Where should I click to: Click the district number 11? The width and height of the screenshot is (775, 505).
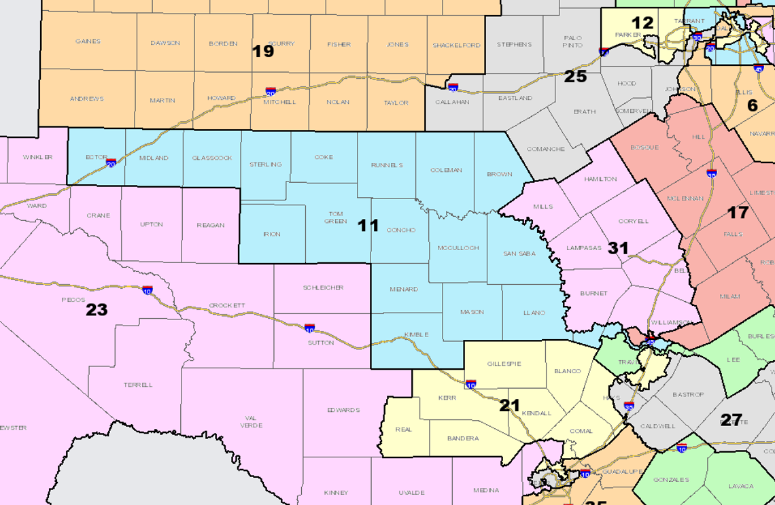(x=368, y=226)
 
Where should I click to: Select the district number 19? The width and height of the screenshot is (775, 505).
(x=263, y=51)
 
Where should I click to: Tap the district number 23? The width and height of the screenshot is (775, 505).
(x=97, y=310)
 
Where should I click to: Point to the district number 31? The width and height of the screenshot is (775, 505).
(x=618, y=248)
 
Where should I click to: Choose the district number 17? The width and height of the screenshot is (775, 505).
(x=738, y=212)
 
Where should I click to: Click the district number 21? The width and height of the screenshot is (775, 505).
(x=510, y=406)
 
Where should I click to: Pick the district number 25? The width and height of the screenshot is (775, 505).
(x=575, y=76)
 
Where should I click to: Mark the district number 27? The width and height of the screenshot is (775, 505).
(x=731, y=420)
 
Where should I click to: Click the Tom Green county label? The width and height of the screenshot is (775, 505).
(x=335, y=216)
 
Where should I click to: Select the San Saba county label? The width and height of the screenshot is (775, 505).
(x=520, y=254)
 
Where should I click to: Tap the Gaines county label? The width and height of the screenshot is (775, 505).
(x=88, y=41)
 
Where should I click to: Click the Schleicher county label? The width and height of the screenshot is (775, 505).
(x=323, y=288)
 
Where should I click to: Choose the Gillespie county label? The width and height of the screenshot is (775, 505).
(x=504, y=364)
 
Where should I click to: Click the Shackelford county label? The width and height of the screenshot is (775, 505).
(x=456, y=46)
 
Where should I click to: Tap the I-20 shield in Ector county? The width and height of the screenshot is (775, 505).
(x=111, y=162)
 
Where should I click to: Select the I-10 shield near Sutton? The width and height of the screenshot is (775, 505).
(x=309, y=328)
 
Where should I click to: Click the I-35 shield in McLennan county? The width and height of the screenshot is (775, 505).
(x=712, y=174)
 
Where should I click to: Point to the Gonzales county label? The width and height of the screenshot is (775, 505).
(x=671, y=479)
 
